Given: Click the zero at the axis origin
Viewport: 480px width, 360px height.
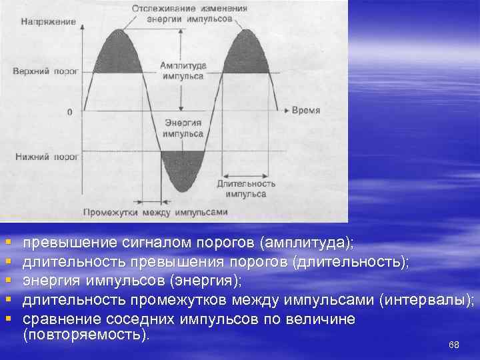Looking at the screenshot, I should pos(69,112).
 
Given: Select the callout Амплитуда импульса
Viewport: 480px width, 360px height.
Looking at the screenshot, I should pos(181,71).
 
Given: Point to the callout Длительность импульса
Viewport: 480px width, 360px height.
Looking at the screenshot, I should pos(245,189).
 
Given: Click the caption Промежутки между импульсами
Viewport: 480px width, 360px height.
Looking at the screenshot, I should pos(155,213).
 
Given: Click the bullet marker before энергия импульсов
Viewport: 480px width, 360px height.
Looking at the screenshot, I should pos(8,280).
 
